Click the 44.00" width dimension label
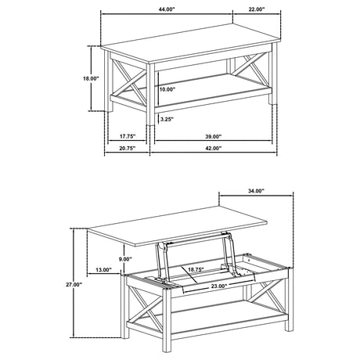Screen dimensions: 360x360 point(166,11)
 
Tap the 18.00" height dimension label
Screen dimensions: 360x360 point(91,78)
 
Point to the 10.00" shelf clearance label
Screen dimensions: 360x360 point(167,90)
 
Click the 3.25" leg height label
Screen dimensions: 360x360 point(165,120)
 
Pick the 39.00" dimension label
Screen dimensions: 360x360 point(212,135)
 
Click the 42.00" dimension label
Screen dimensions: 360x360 point(212,148)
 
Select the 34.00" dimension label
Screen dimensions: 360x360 point(255,191)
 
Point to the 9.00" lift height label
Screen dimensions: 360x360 point(124,259)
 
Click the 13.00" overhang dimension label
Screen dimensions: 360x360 point(102,270)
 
